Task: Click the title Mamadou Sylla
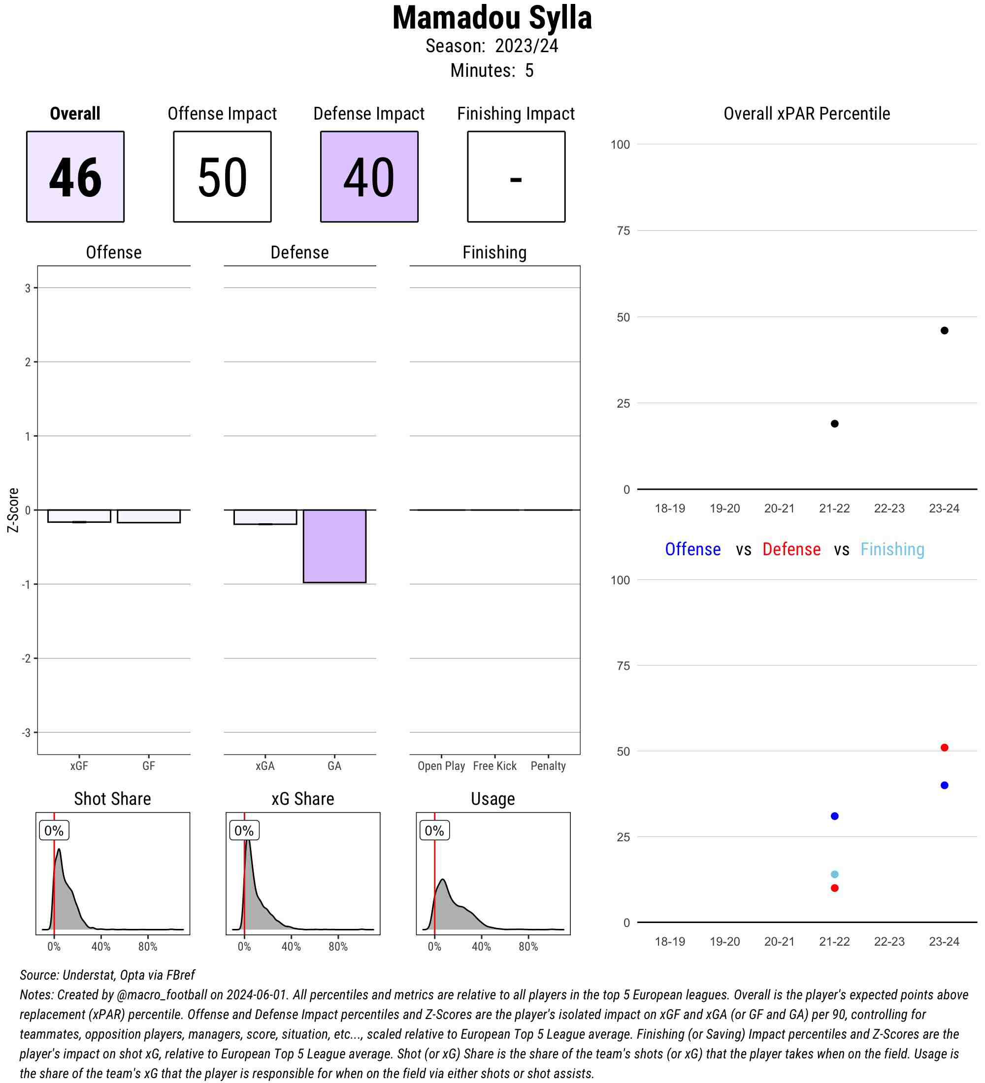[x=492, y=18]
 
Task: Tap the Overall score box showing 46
[x=75, y=176]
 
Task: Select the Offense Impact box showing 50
[x=222, y=176]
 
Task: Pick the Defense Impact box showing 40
[x=369, y=176]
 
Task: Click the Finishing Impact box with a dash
[x=516, y=176]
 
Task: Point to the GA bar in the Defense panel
[x=334, y=546]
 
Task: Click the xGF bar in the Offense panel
[x=79, y=516]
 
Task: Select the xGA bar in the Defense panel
[x=265, y=517]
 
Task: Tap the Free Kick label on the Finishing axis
[x=494, y=766]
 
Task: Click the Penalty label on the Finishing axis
[x=548, y=766]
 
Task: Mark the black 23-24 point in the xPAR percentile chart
[x=944, y=330]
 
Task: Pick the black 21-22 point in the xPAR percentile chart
[x=834, y=423]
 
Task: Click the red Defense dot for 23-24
[x=944, y=747]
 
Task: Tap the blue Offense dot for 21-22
[x=834, y=816]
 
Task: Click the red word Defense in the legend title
[x=791, y=549]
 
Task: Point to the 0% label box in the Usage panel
[x=434, y=830]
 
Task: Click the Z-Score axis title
[x=13, y=510]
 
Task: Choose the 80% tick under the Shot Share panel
[x=148, y=947]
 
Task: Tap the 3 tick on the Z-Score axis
[x=28, y=288]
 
